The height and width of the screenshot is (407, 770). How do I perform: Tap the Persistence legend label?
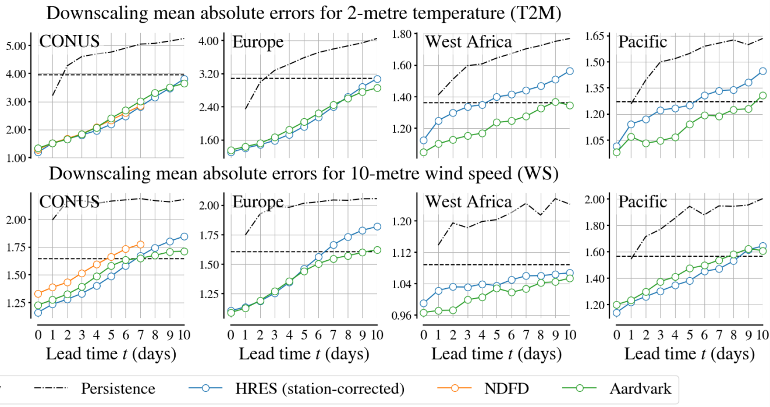[x=118, y=388]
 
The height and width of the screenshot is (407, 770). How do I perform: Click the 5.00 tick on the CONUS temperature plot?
[x=16, y=46]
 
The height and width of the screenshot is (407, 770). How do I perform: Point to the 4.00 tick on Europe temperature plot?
[x=208, y=41]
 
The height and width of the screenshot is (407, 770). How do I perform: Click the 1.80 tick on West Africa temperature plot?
[x=401, y=34]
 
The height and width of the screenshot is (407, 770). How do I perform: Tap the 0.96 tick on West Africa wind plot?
[x=401, y=316]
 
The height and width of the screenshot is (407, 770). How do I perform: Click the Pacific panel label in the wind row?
[x=643, y=202]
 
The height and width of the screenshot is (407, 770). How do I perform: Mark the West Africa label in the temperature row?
[x=469, y=42]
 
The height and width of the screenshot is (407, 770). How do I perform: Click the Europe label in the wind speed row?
[x=258, y=202]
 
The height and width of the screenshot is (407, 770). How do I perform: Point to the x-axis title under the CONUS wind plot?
[x=111, y=353]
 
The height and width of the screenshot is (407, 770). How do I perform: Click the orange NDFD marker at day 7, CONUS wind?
[x=140, y=245]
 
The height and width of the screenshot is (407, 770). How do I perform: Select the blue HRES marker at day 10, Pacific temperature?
[x=762, y=72]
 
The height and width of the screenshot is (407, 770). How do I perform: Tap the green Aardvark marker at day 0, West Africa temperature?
[x=423, y=153]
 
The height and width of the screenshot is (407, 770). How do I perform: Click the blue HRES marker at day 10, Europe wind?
[x=377, y=226]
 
